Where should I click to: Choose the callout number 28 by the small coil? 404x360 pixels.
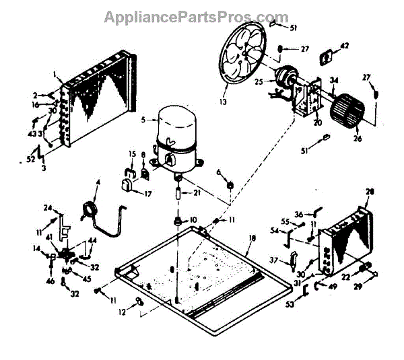click(369, 192)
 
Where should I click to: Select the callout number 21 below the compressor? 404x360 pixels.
click(197, 194)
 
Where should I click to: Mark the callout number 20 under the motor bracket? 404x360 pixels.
click(317, 122)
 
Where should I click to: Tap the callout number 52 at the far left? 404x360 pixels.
click(28, 159)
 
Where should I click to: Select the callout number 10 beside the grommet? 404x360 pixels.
click(194, 220)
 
